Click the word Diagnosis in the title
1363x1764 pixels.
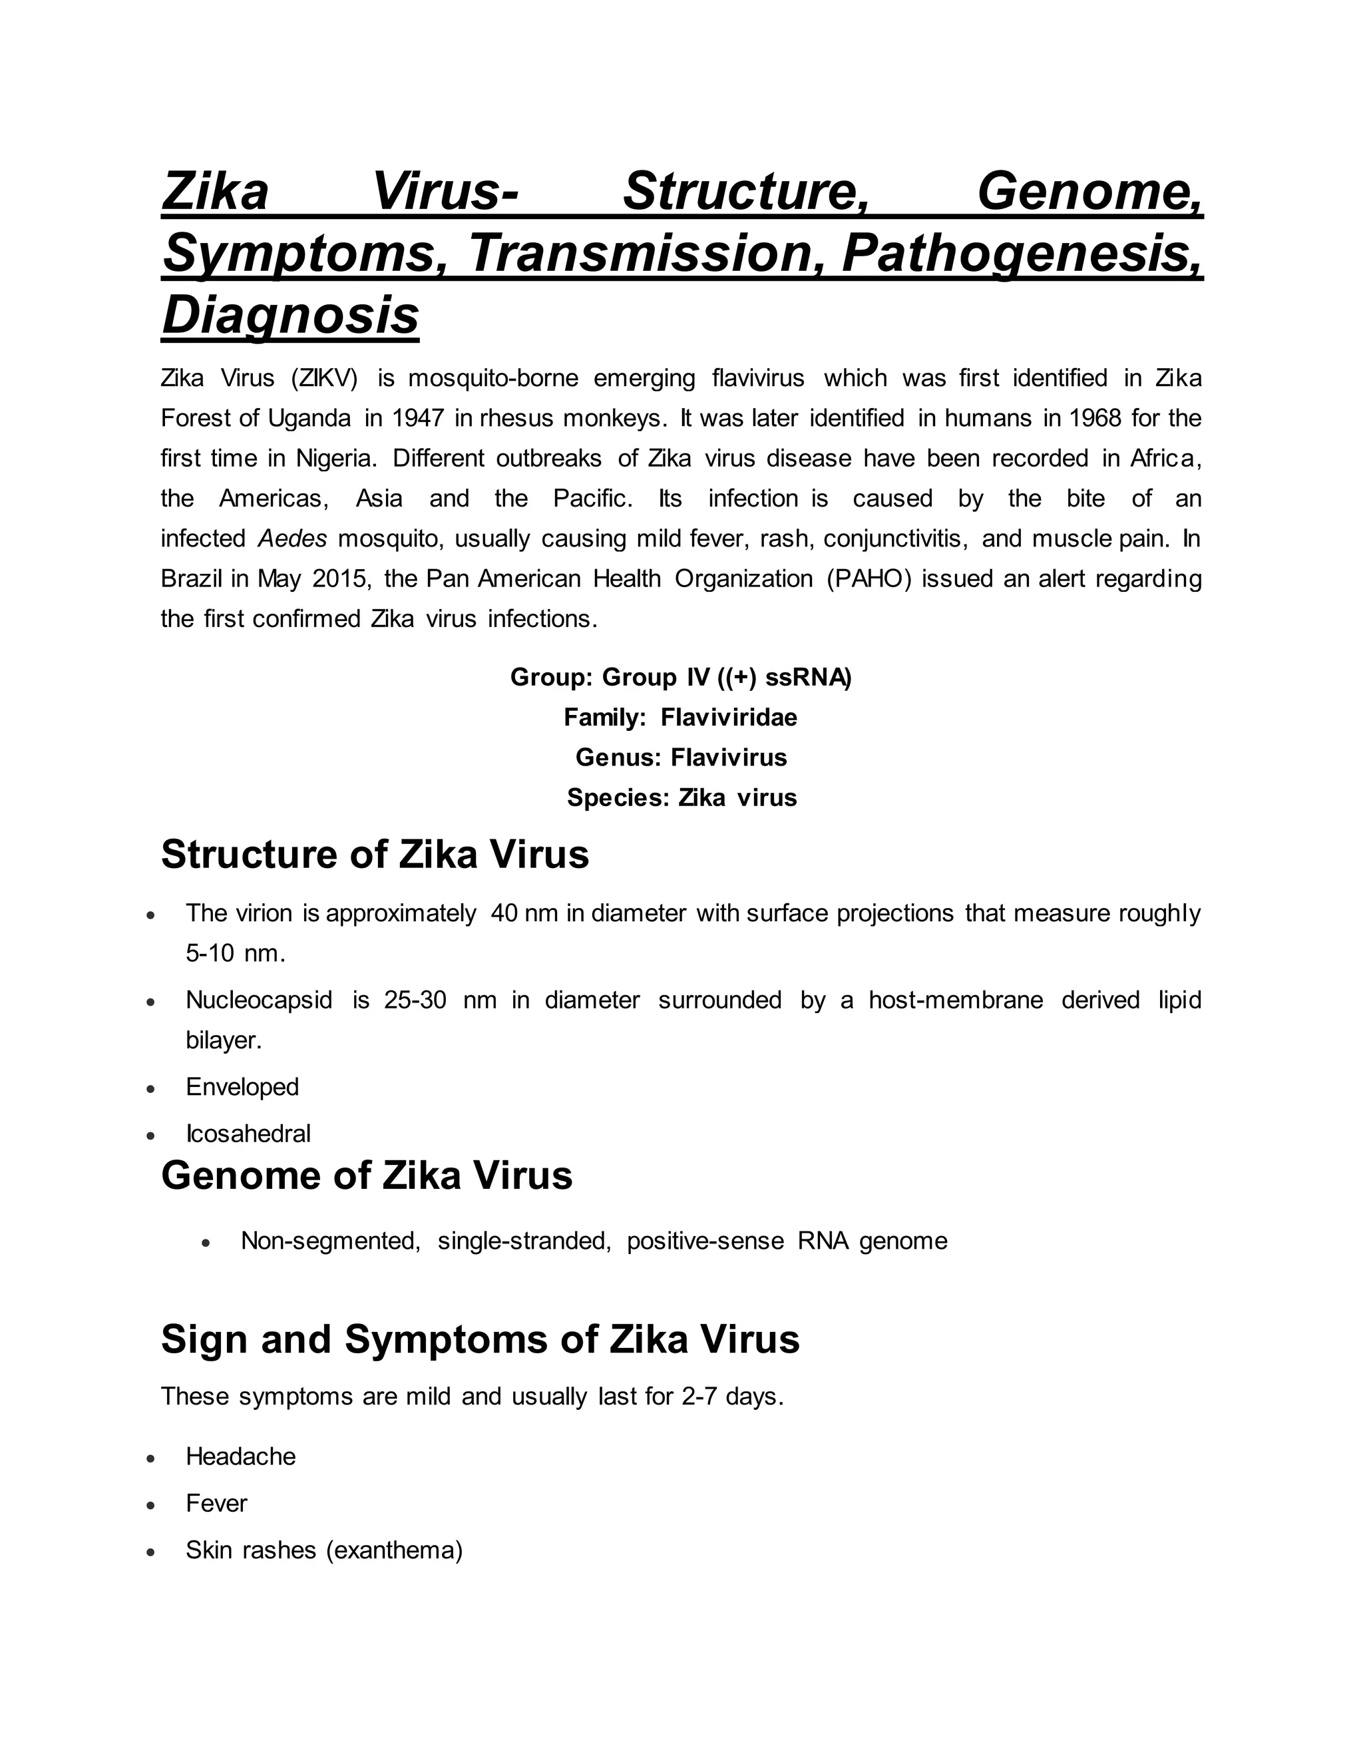290,315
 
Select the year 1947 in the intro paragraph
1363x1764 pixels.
418,419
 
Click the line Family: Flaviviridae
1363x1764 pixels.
680,717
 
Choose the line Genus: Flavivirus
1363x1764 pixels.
681,758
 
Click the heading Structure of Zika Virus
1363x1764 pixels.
375,855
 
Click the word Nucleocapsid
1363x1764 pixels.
258,1000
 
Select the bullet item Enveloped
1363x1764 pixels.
242,1087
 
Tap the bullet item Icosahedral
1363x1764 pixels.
248,1134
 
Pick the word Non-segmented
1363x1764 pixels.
330,1241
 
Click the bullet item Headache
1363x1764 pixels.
241,1456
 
